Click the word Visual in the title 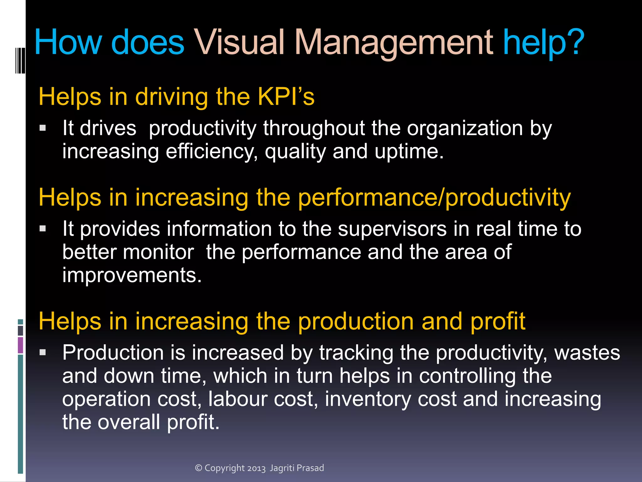pyautogui.click(x=239, y=42)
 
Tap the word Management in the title pyautogui.click(x=394, y=42)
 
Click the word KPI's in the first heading pyautogui.click(x=286, y=97)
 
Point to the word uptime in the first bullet pyautogui.click(x=409, y=152)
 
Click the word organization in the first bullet pyautogui.click(x=465, y=128)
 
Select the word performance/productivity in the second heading pyautogui.click(x=434, y=198)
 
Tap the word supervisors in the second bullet pyautogui.click(x=392, y=228)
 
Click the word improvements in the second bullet pyautogui.click(x=132, y=275)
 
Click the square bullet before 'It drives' pyautogui.click(x=43, y=128)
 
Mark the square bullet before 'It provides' pyautogui.click(x=43, y=228)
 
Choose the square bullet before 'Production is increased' pyautogui.click(x=43, y=352)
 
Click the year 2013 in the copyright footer pyautogui.click(x=256, y=468)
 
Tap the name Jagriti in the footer pyautogui.click(x=282, y=468)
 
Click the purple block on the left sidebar pyautogui.click(x=20, y=345)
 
